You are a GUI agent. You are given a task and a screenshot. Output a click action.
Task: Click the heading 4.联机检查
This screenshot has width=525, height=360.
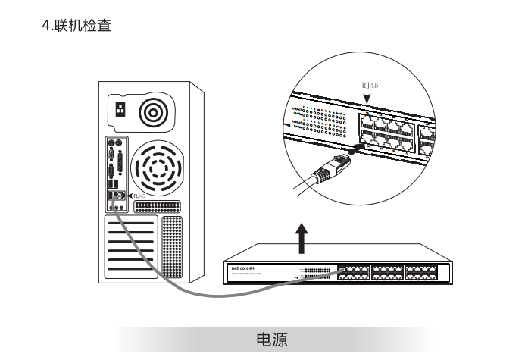tap(80, 27)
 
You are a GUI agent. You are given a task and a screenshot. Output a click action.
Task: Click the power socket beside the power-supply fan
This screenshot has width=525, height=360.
tap(120, 109)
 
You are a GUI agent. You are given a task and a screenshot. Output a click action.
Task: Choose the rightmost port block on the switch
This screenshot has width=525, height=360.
tap(422, 272)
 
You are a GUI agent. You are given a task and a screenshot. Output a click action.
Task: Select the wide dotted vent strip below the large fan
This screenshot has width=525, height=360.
tap(157, 205)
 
